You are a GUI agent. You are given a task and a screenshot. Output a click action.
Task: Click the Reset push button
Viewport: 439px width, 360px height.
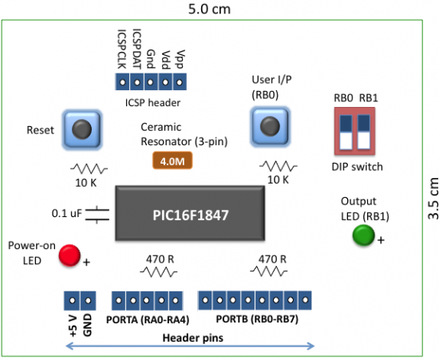[80, 129]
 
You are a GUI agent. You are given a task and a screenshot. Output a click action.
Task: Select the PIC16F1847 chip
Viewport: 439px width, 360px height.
[195, 213]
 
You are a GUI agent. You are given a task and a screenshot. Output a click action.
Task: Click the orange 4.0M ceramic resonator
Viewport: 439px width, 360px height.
[172, 160]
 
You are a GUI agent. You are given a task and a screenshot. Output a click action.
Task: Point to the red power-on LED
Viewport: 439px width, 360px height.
[70, 255]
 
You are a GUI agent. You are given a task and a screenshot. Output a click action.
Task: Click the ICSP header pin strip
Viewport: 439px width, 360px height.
[152, 82]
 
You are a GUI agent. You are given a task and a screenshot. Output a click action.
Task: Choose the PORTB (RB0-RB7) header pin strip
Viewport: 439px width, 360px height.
[255, 300]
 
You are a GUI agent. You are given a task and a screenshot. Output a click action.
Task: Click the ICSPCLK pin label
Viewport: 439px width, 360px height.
[121, 49]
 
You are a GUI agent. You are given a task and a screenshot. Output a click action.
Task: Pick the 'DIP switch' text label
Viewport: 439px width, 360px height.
[357, 166]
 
